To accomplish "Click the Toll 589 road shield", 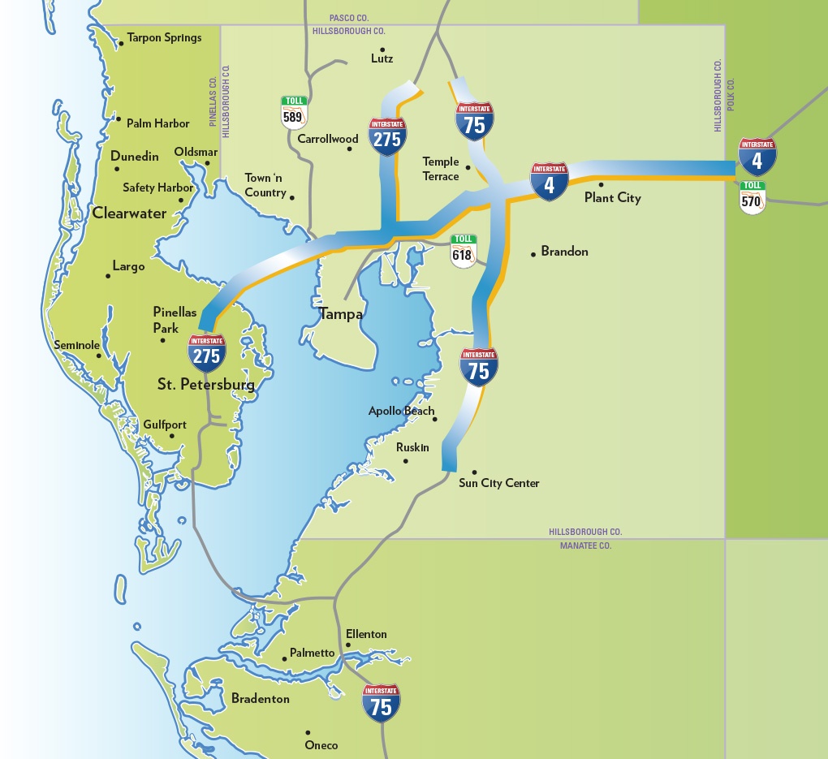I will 294,113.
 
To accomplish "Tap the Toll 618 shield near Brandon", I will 464,250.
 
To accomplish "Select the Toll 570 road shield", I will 753,197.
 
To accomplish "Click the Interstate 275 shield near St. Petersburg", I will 207,352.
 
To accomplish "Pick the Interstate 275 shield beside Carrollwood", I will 387,136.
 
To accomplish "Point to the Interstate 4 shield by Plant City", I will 550,181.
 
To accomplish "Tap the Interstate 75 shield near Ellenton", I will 381,703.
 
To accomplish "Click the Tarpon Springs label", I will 164,38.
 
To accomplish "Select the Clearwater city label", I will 129,213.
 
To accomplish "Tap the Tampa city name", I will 341,314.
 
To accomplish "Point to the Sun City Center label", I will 499,483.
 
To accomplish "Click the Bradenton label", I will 260,698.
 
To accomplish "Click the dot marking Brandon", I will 533,254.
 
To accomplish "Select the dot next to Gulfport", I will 171,436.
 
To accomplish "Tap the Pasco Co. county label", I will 349,18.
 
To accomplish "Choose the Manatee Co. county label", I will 585,546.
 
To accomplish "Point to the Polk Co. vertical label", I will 731,95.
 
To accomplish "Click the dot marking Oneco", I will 308,732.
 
